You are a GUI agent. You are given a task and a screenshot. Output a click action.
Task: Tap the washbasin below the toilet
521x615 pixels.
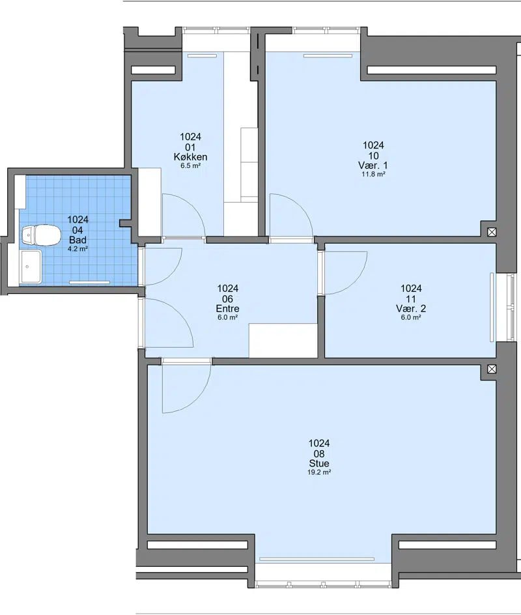tap(31, 266)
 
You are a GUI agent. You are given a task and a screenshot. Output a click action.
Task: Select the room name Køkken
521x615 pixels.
tap(191, 157)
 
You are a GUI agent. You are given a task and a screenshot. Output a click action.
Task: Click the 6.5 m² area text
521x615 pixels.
tap(191, 166)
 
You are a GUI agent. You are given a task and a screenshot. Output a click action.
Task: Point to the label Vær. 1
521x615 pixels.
tap(373, 165)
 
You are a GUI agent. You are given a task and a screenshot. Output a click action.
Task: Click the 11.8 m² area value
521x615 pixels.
tap(373, 174)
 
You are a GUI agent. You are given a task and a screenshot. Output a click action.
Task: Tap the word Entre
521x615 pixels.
tap(228, 309)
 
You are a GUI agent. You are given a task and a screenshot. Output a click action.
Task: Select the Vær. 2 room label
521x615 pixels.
tap(411, 309)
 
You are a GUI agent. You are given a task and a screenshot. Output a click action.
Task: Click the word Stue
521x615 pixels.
tap(319, 464)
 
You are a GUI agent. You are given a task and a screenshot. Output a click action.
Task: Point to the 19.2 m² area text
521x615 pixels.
tap(319, 472)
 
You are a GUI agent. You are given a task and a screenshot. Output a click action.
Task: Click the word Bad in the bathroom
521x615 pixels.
tap(77, 240)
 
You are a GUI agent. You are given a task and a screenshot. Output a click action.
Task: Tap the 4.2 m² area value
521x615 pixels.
tap(77, 249)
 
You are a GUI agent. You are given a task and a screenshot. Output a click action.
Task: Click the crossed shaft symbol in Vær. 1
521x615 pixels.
tap(492, 232)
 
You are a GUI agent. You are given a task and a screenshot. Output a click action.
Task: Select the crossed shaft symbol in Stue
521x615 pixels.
tap(492, 369)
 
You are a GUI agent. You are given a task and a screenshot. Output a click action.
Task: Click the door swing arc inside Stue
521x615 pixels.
tap(196, 399)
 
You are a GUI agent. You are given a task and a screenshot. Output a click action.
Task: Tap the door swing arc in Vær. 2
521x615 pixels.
tap(354, 281)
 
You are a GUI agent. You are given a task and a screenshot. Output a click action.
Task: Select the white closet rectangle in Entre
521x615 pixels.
tap(283, 341)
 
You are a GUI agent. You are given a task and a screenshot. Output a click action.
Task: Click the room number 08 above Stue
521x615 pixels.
tap(319, 454)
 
